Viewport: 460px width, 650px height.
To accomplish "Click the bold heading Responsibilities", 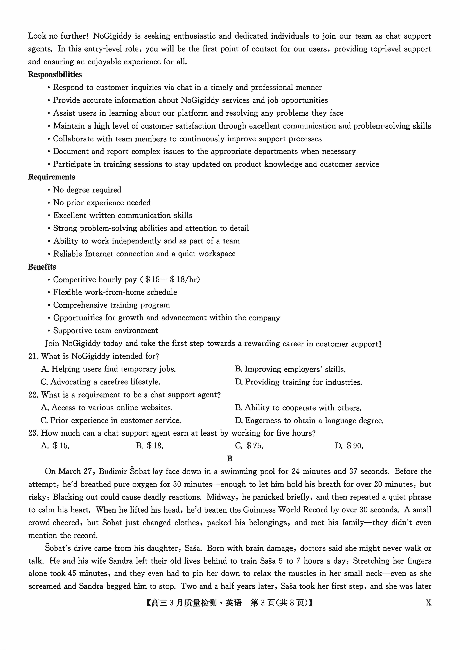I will (x=55, y=74).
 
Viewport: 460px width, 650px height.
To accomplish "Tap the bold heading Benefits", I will (x=42, y=267).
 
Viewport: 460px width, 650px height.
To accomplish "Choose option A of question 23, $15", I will (x=56, y=446).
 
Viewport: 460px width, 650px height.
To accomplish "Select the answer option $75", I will (x=249, y=446).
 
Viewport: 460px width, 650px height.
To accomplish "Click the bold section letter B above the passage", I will (x=230, y=459).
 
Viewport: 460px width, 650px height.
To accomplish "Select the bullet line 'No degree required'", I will (x=87, y=190).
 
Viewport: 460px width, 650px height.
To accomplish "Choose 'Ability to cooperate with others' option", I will (x=298, y=408).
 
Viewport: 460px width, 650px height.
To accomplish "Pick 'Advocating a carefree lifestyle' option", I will (x=101, y=382).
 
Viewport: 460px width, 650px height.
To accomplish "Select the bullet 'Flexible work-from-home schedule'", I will (x=115, y=292).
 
